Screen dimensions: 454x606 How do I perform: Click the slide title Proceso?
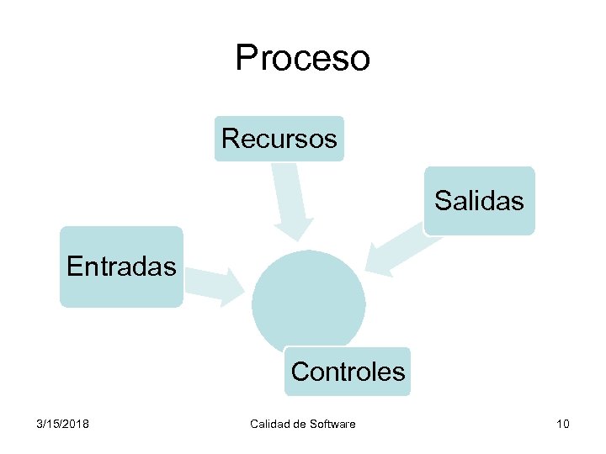302,57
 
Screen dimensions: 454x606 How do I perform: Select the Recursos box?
279,138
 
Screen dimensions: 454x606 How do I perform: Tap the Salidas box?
479,200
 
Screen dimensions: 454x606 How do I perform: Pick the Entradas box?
121,267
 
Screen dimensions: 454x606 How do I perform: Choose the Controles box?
348,371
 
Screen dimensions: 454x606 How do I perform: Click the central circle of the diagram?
309,298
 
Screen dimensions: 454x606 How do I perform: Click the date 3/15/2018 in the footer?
63,423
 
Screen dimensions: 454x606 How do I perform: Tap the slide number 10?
562,423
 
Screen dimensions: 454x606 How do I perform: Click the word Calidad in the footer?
270,423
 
